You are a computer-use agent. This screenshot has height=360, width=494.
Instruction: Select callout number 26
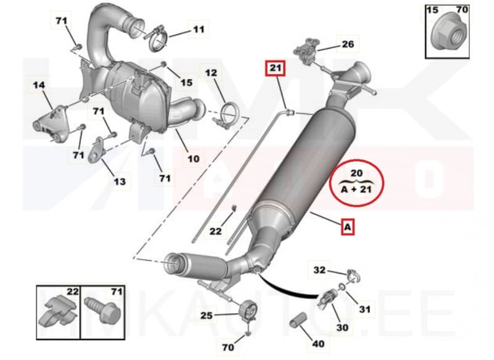[x=348, y=44]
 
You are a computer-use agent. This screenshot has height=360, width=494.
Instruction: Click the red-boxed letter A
[x=348, y=228]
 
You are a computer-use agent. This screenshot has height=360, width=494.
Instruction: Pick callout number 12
[x=211, y=73]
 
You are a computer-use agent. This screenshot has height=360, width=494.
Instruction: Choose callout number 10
[x=193, y=158]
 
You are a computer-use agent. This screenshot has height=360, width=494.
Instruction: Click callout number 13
[x=119, y=182]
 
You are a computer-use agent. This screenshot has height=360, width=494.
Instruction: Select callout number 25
[x=206, y=316]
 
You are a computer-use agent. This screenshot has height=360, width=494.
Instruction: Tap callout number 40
[x=319, y=343]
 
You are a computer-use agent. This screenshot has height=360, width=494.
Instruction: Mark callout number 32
[x=319, y=269]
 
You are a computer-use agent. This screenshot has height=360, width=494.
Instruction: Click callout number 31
[x=366, y=309]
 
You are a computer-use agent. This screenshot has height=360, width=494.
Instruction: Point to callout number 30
[x=341, y=327]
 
